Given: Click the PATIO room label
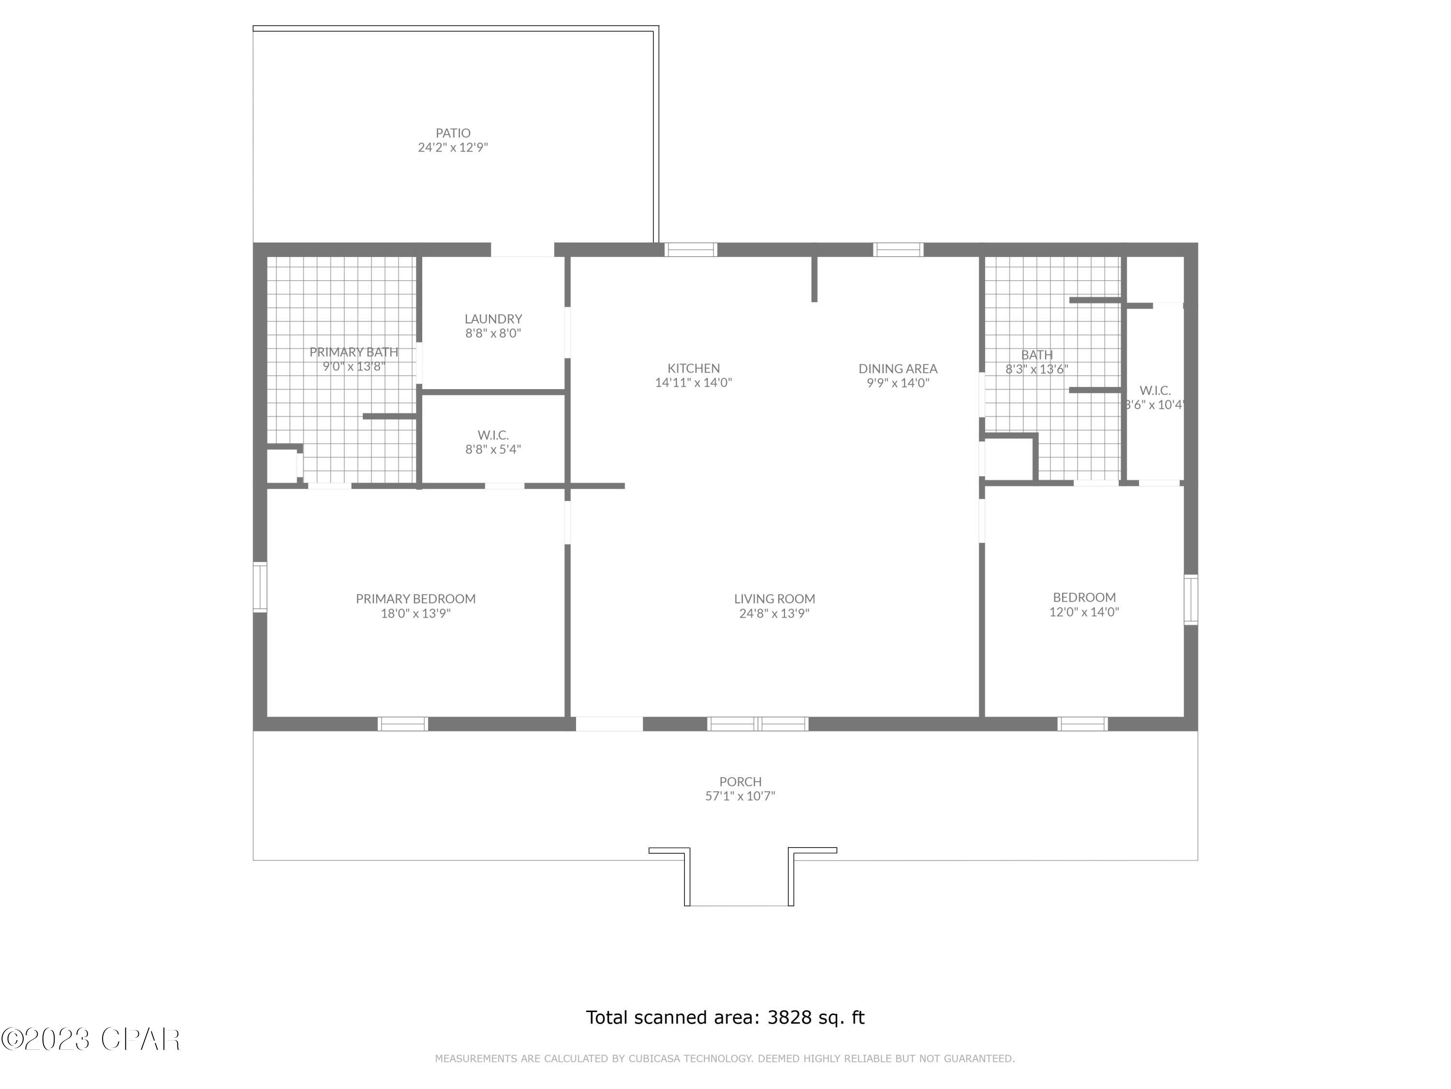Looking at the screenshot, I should (x=453, y=133).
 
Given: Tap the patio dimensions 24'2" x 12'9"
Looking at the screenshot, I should (x=453, y=148).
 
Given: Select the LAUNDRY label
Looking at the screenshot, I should (x=493, y=319).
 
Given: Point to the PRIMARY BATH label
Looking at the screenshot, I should (x=354, y=352).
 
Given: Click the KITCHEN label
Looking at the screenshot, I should (x=694, y=369).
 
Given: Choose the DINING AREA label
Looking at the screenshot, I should (x=897, y=369).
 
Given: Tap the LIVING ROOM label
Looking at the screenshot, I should (x=774, y=599).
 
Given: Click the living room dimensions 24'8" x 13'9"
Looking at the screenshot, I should (x=774, y=614).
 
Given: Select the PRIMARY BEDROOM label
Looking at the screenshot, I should (x=415, y=599).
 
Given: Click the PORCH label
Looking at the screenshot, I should (x=740, y=782).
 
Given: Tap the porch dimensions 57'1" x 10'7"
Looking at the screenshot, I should (x=740, y=796).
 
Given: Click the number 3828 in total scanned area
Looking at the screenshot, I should (x=789, y=1017).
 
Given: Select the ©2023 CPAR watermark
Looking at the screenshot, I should (x=90, y=1039).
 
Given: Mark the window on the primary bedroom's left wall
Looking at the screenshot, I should (x=260, y=587).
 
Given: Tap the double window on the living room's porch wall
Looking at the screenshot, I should (x=757, y=724).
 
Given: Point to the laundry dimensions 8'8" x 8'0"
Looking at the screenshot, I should (x=493, y=333).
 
